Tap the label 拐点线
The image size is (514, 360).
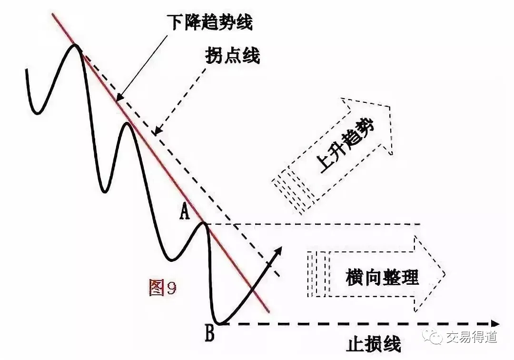[233, 56]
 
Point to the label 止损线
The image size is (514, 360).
[374, 344]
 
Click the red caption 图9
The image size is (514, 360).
[162, 288]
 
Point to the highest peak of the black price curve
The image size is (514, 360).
[75, 45]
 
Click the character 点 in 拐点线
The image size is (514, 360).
[233, 56]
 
